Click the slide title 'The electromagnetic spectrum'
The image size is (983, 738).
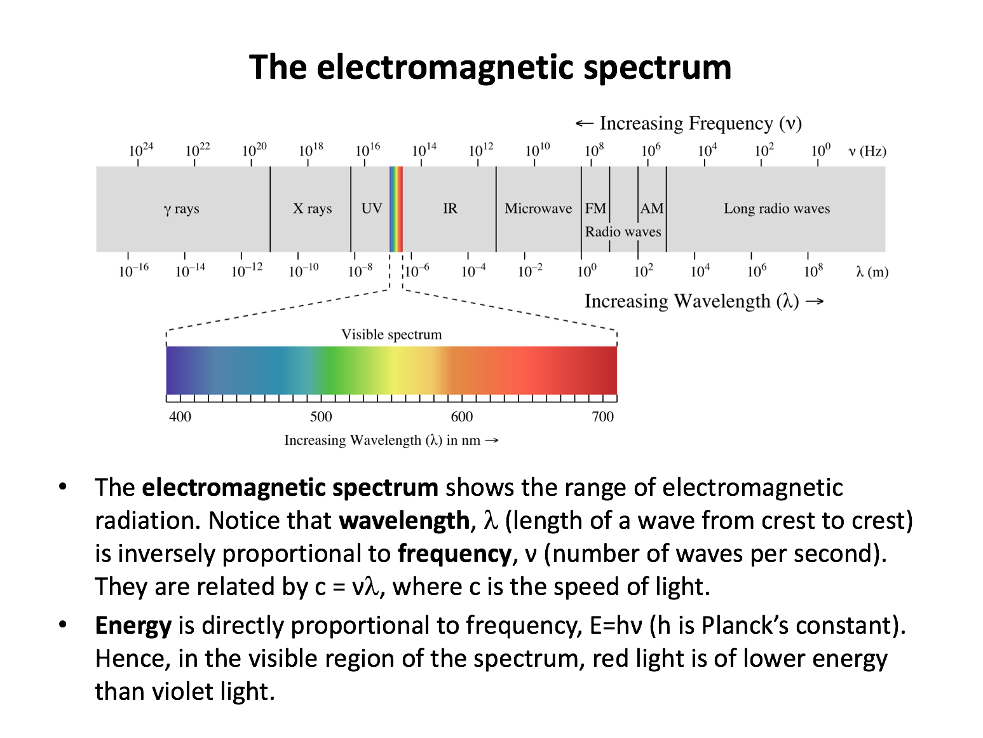(490, 67)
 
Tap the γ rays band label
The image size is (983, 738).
(181, 208)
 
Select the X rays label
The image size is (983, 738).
(312, 208)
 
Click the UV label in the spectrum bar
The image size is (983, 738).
(371, 208)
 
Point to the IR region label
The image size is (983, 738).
(450, 208)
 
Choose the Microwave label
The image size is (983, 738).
(538, 208)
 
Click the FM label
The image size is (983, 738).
(595, 208)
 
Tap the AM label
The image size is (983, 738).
(652, 208)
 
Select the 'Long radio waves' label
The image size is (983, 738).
(776, 208)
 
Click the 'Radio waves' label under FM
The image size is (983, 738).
(623, 232)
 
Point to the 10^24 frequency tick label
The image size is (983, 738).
(140, 150)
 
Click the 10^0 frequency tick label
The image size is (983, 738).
(820, 150)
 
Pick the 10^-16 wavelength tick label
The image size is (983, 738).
(133, 271)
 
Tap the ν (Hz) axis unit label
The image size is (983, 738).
(867, 151)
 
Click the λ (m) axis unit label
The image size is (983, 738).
(872, 272)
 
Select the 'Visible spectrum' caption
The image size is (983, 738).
(391, 334)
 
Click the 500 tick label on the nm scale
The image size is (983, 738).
(321, 416)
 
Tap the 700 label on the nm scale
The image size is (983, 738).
(602, 416)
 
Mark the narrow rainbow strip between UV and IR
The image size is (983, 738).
(396, 208)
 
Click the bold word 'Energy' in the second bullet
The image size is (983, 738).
(133, 625)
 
